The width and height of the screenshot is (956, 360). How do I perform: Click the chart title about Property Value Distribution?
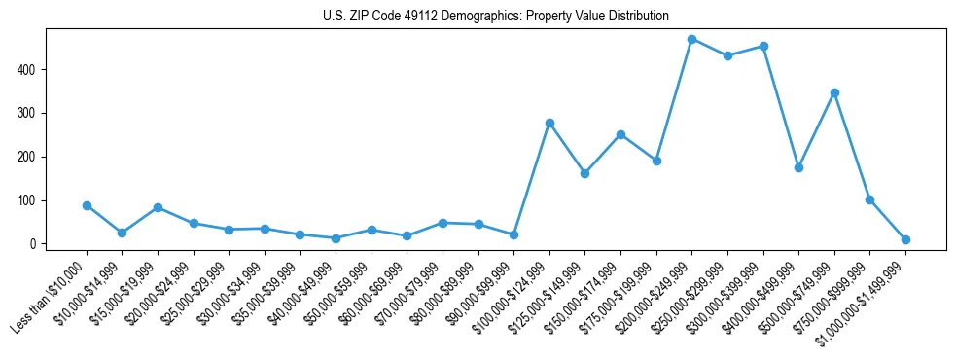(496, 16)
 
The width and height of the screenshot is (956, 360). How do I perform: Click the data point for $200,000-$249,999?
(691, 39)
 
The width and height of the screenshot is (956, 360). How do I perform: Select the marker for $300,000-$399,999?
(763, 46)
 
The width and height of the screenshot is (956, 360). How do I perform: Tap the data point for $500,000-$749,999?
(834, 92)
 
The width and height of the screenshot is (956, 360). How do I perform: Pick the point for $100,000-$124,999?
(549, 123)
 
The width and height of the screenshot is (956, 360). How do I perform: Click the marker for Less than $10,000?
(87, 205)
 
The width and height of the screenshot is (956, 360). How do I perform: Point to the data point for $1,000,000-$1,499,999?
(905, 239)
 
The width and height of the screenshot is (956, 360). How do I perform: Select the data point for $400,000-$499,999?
(798, 167)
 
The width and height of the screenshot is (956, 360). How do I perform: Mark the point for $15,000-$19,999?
(158, 207)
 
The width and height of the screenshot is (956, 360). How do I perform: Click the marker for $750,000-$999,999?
(869, 199)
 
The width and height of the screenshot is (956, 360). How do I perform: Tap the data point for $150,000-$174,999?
(620, 134)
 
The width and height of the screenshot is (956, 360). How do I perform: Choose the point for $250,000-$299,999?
(727, 55)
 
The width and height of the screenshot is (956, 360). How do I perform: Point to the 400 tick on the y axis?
(28, 70)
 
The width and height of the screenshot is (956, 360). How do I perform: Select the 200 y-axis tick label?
(28, 157)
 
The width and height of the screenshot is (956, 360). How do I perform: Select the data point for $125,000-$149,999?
(584, 173)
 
